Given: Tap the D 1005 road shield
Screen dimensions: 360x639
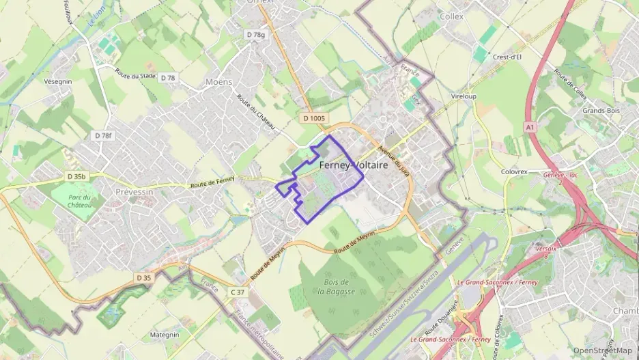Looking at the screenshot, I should click(314, 118).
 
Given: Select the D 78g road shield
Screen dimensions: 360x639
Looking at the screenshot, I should click(255, 34).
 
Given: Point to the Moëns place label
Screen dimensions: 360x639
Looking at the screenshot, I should click(218, 82).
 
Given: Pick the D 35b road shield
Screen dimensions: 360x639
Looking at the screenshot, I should click(77, 176).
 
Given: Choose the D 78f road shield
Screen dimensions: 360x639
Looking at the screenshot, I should click(102, 136).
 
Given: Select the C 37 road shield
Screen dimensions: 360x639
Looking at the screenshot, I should click(237, 292).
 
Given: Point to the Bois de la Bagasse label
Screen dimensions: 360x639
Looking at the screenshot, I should click(337, 287).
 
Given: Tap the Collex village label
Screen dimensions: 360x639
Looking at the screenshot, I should click(452, 16).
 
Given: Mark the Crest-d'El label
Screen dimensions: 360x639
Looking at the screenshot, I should click(507, 57).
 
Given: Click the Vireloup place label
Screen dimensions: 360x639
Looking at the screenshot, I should click(464, 97).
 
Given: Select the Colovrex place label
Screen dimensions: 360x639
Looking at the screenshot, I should click(517, 172).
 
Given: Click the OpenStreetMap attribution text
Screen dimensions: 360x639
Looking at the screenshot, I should click(603, 350).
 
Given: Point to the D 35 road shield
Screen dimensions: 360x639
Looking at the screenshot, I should click(143, 277).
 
